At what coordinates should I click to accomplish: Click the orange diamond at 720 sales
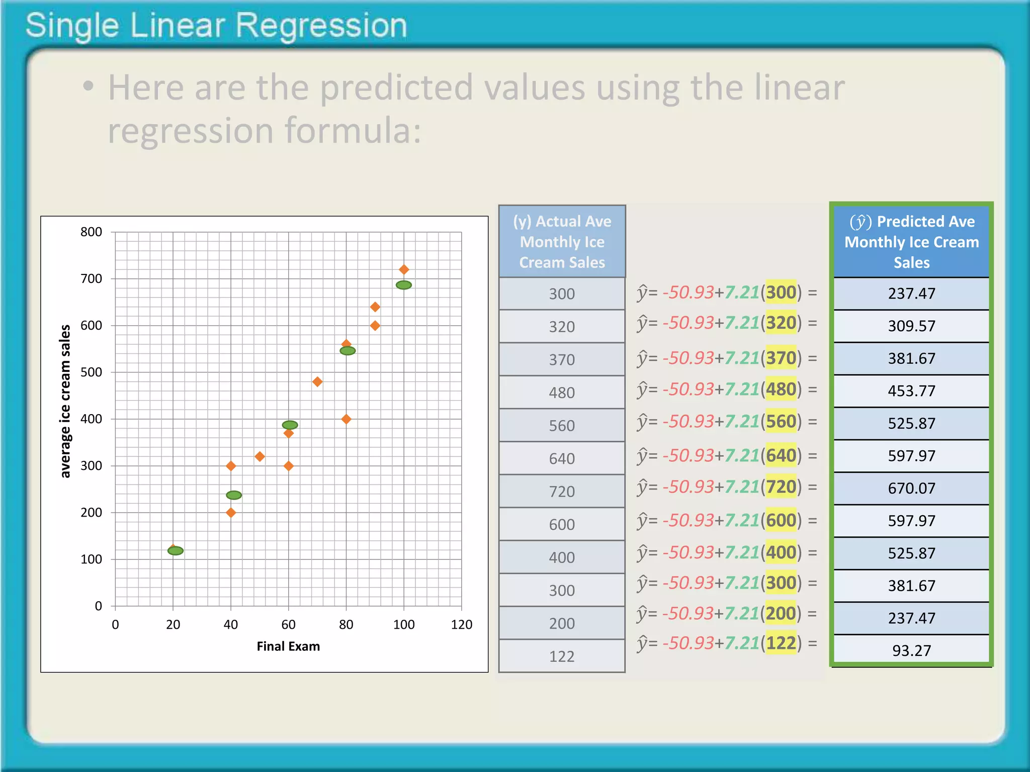[x=403, y=270]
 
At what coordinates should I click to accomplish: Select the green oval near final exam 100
[x=403, y=285]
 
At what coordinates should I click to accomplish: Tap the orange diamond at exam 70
[x=317, y=382]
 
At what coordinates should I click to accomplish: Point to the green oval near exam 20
[x=176, y=551]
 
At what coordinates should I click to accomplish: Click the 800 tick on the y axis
[x=91, y=232]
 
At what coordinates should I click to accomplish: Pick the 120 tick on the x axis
[x=461, y=625]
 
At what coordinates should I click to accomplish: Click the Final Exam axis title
[x=288, y=646]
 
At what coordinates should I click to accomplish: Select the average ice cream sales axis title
[x=65, y=401]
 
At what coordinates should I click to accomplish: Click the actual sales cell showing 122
[x=562, y=656]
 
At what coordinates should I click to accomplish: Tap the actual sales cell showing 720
[x=562, y=492]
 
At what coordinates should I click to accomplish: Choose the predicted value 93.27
[x=911, y=651]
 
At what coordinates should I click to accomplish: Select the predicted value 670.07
[x=911, y=489]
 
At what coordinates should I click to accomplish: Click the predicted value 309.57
[x=911, y=326]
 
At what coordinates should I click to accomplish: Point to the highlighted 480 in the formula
[x=781, y=390]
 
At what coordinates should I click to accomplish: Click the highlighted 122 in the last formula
[x=781, y=643]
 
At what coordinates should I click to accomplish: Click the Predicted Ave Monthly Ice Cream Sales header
[x=911, y=242]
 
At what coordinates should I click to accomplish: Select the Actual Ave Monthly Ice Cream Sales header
[x=562, y=242]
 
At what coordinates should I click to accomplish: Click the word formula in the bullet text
[x=353, y=131]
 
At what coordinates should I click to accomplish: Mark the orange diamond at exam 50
[x=260, y=456]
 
